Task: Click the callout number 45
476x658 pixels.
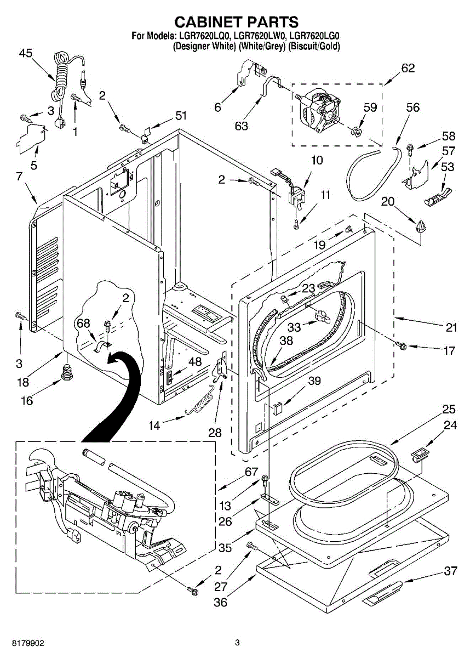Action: click(x=26, y=54)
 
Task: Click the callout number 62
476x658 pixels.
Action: click(x=408, y=68)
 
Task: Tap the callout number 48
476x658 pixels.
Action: click(x=195, y=361)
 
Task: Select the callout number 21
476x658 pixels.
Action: click(x=451, y=327)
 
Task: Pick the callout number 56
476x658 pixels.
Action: click(x=412, y=107)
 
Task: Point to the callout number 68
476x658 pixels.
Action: click(x=83, y=324)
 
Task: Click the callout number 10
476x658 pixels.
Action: click(x=317, y=160)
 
